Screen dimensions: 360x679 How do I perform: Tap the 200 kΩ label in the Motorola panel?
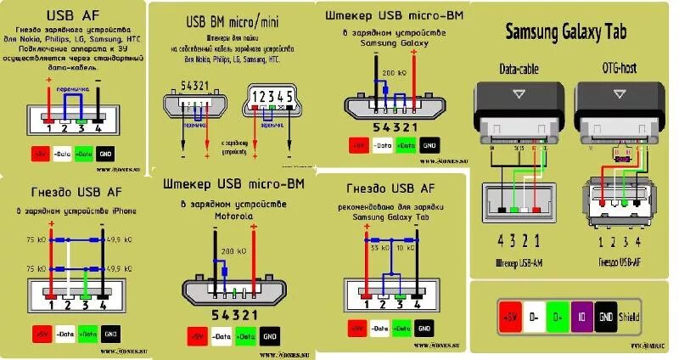click(227, 252)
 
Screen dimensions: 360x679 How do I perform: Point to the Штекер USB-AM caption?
click(519, 265)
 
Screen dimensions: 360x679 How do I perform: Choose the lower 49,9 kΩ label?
click(118, 267)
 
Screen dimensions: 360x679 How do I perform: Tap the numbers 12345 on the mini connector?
click(272, 95)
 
